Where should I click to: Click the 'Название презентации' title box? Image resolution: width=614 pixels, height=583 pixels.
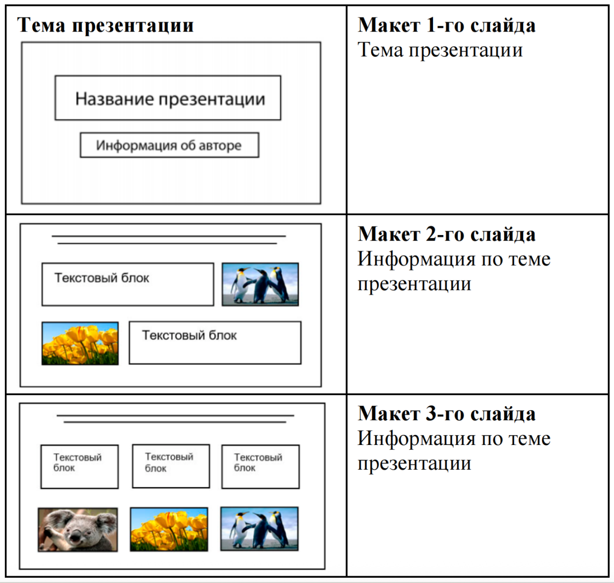click(168, 98)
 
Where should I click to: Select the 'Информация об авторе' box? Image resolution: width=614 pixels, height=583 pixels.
click(169, 145)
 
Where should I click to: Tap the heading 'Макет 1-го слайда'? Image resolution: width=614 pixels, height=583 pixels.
click(446, 25)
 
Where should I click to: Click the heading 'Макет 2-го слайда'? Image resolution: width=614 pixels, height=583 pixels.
click(446, 234)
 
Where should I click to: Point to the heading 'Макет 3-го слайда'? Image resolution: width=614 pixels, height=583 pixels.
click(446, 413)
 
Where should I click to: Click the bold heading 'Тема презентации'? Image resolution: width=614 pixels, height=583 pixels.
click(105, 25)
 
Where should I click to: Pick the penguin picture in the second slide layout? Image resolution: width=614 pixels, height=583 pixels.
click(260, 285)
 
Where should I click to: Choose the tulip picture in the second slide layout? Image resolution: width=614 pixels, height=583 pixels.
click(80, 343)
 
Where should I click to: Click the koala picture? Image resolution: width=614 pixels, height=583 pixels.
click(78, 530)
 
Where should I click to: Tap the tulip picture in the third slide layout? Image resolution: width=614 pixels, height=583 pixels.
click(169, 529)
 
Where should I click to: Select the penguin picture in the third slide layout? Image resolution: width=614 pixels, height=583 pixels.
click(259, 529)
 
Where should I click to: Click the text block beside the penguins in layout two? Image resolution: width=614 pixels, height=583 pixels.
click(128, 285)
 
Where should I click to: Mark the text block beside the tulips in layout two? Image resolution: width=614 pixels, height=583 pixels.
click(215, 343)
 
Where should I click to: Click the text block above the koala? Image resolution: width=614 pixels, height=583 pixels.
click(80, 466)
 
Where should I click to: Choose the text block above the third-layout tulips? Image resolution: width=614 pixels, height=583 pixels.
click(171, 466)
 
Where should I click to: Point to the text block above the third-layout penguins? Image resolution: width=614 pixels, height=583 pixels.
click(261, 466)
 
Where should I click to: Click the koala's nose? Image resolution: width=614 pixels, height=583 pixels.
click(75, 536)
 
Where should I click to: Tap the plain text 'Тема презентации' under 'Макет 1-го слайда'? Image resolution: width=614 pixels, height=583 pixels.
click(440, 50)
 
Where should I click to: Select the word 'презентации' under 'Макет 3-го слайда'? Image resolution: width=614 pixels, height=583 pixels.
click(414, 463)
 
